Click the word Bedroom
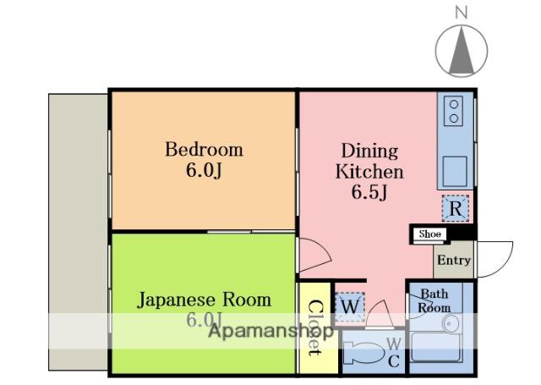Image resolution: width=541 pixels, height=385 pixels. click(x=204, y=150)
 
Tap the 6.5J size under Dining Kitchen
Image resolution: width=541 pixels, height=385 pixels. click(x=369, y=192)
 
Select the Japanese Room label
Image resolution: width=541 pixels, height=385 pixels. click(x=204, y=300)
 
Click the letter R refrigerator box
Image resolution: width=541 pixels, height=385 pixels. click(x=456, y=208)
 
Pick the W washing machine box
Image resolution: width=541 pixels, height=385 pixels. click(x=350, y=306)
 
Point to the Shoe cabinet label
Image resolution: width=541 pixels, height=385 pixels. click(x=430, y=234)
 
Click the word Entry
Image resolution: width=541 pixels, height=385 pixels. click(x=454, y=260)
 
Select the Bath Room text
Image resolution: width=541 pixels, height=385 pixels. click(x=434, y=300)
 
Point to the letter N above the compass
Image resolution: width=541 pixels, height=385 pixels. click(x=462, y=14)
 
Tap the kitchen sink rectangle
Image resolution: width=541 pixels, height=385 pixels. click(x=455, y=172)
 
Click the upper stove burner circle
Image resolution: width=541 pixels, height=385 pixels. click(x=454, y=104)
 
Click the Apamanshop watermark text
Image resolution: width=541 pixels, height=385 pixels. click(x=271, y=332)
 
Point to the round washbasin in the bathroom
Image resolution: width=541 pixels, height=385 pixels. click(x=451, y=324)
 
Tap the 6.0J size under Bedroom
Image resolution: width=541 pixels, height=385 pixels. click(x=204, y=170)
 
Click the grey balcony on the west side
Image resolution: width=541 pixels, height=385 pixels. click(x=78, y=232)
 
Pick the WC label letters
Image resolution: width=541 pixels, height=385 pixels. click(x=394, y=352)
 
